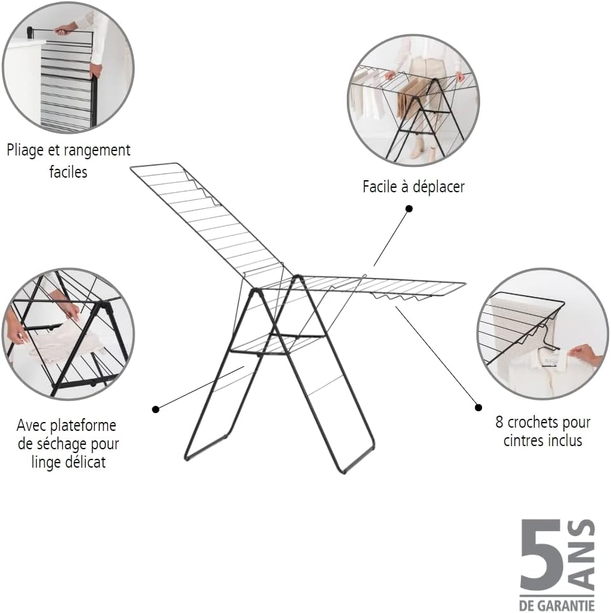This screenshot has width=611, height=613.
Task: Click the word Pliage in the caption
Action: [25, 150]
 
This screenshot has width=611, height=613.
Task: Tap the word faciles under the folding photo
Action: [68, 172]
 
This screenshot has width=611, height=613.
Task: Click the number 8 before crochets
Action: [499, 422]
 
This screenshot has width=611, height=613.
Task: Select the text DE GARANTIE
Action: [557, 605]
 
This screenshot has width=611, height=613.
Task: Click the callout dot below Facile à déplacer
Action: [409, 209]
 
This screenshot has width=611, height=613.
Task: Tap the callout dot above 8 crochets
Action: [478, 407]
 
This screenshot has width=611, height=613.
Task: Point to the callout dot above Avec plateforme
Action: [156, 409]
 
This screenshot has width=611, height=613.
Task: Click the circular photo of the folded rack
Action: [68, 68]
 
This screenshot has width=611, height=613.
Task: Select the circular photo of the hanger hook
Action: [542, 334]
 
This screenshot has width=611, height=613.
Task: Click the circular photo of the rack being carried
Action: [413, 100]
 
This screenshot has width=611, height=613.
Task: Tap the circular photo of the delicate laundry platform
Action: [68, 334]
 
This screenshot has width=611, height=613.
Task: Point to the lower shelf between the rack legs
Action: [278, 345]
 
